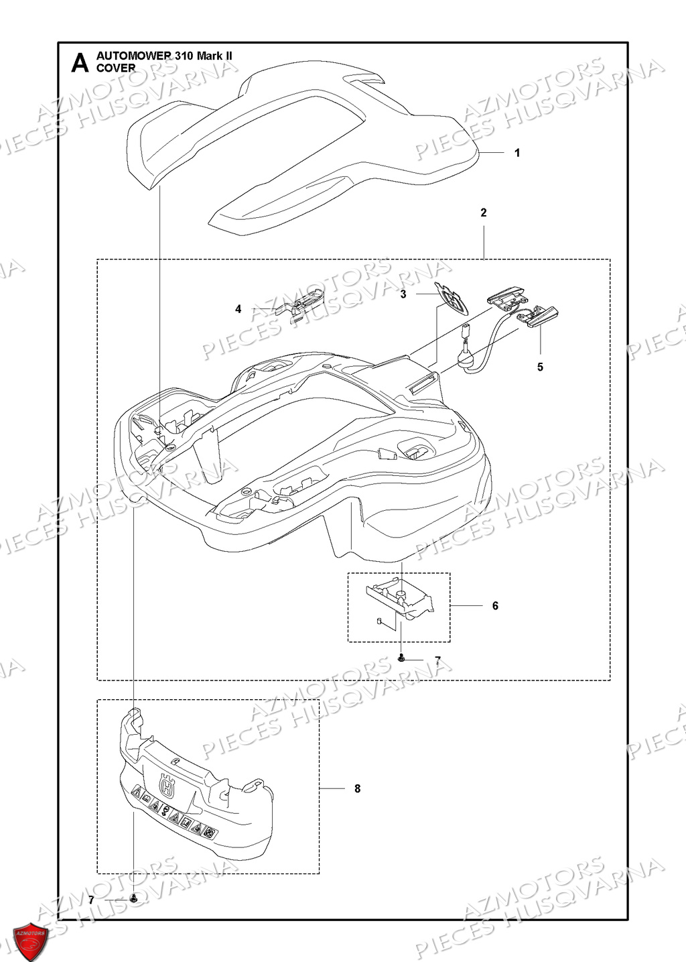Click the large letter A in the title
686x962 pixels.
pos(80,62)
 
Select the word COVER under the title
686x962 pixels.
pos(116,68)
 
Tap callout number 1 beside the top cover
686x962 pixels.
pos(517,153)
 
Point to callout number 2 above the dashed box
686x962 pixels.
pos(484,213)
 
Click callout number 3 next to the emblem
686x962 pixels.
pos(403,294)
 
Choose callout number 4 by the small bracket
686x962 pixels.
pos(238,309)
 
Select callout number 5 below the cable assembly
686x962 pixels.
pos(540,367)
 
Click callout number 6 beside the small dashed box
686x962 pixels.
pos(495,606)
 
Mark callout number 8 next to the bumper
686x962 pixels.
pos(357,789)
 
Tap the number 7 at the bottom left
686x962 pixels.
pos(92,900)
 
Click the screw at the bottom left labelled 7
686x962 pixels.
pos(134,898)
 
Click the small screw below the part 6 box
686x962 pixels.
pos(401,660)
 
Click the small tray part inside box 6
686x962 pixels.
pos(398,599)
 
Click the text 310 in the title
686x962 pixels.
pos(184,56)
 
